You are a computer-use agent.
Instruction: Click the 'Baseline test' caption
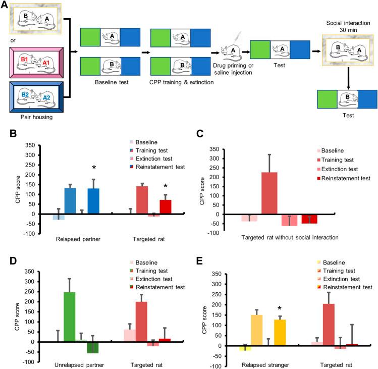click(110, 80)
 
